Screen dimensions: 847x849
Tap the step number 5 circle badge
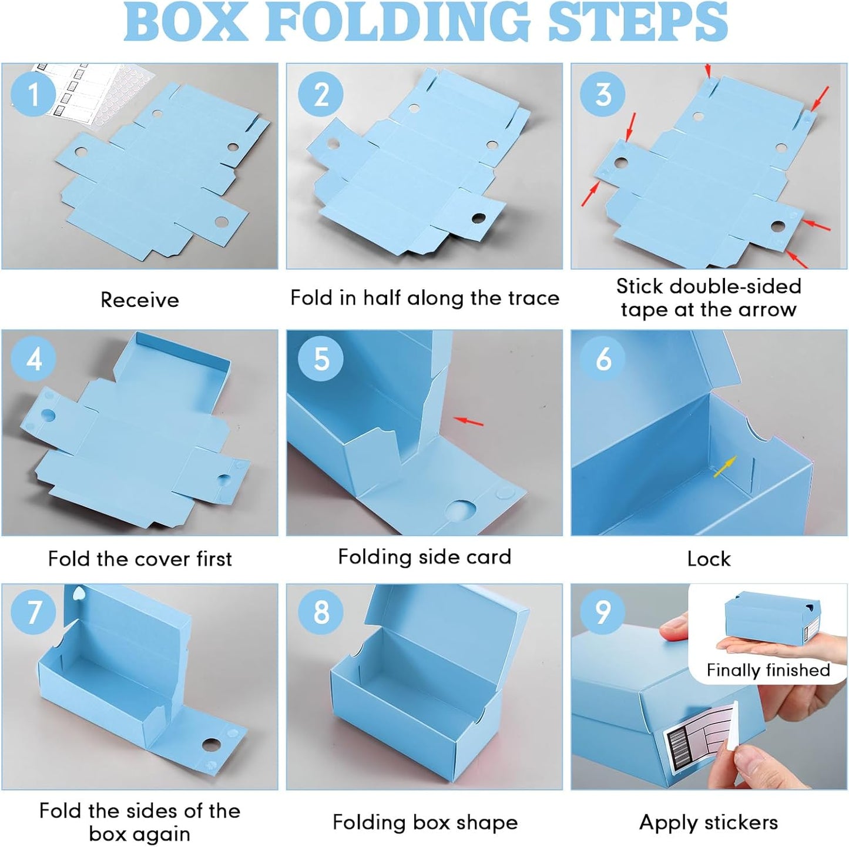point(321,359)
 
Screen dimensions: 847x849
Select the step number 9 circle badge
point(603,612)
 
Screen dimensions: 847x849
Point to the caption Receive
point(140,300)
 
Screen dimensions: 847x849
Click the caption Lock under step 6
point(709,558)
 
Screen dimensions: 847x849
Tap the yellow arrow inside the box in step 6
point(724,467)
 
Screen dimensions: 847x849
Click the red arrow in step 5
point(469,421)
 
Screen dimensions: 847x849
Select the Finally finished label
point(768,670)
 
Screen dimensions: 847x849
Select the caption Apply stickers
point(709,822)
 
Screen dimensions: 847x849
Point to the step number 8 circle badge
point(321,612)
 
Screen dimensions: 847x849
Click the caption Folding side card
point(424,557)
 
